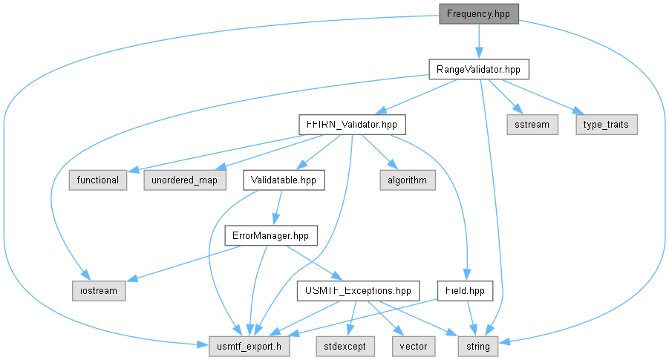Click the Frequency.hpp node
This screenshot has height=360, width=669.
coord(479,14)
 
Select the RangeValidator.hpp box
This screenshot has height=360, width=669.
coord(479,69)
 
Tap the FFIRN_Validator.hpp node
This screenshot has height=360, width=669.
coord(352,125)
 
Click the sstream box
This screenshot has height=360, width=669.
coord(532,125)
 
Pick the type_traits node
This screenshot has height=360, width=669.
coord(607,125)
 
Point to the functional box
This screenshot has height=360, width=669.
coord(98,180)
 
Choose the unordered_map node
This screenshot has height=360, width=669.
coord(185,180)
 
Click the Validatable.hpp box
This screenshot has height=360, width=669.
coord(284,180)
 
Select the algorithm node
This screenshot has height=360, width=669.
coord(408,180)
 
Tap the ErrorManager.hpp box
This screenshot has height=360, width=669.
coord(271,235)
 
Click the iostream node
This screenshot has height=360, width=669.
coord(99,291)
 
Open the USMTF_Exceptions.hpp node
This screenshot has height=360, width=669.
coord(358,291)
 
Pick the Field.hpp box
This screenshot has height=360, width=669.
coord(465,291)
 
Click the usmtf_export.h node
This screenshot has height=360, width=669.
coord(249,347)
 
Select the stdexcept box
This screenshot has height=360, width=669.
coord(345,347)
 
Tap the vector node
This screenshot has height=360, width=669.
coord(414,347)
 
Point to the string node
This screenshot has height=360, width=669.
coord(478,347)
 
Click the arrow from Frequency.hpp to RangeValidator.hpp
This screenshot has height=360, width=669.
coord(479,42)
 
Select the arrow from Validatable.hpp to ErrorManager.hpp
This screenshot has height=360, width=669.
coord(278,207)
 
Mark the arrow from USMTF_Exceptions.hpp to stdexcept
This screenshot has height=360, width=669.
coord(353,318)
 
